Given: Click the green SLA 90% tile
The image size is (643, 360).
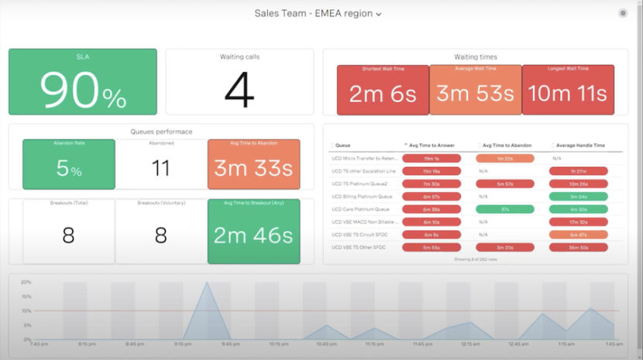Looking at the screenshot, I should [x=82, y=81].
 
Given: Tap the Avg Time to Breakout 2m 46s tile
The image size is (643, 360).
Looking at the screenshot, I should [x=253, y=235].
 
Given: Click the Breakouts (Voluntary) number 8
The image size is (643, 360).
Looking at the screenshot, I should [x=160, y=235].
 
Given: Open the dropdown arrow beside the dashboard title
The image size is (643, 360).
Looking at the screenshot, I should [x=378, y=14].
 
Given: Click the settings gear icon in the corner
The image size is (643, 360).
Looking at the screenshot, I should [x=623, y=13].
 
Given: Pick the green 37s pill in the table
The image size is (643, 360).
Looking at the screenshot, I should [x=504, y=209].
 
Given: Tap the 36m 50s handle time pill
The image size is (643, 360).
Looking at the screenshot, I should [x=578, y=247].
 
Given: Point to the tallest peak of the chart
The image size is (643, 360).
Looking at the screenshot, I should [x=207, y=283].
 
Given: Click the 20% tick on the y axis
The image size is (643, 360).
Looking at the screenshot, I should [x=26, y=282].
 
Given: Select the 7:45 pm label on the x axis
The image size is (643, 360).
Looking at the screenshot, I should [x=40, y=343].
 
